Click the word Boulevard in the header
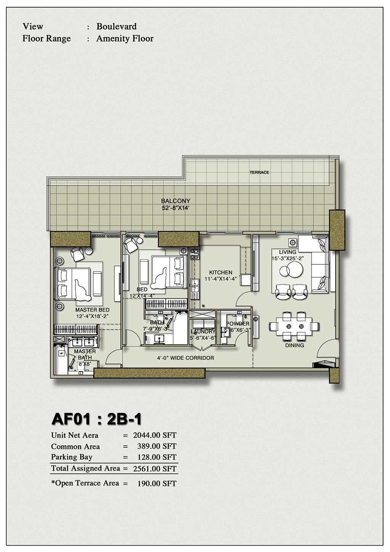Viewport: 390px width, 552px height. [x=116, y=26]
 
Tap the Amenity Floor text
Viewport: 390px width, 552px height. [x=125, y=38]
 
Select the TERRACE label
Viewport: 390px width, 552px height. [x=259, y=172]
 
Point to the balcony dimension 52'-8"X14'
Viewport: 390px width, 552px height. [x=176, y=208]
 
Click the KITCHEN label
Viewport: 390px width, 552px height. [x=221, y=272]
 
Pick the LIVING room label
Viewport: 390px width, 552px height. [x=288, y=252]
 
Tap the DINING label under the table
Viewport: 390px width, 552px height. [x=294, y=345]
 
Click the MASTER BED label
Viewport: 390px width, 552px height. [x=92, y=310]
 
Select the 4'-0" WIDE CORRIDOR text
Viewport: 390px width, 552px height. [x=185, y=358]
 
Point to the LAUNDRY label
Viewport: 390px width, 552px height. [x=203, y=331]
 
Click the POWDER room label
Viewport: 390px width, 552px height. [x=238, y=324]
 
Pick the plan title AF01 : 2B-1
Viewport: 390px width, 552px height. [x=97, y=419]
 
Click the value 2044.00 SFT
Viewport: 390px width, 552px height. [x=155, y=435]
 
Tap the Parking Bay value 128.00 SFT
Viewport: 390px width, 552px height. [x=157, y=457]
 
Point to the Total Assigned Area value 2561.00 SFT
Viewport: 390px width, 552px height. [x=155, y=469]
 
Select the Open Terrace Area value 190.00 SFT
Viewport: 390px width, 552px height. [x=157, y=484]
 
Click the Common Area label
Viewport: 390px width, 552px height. [x=75, y=447]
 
